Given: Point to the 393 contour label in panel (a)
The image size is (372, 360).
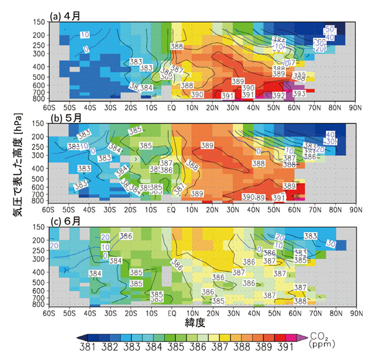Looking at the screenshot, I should (298, 94).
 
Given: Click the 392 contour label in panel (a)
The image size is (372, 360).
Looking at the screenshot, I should (278, 96).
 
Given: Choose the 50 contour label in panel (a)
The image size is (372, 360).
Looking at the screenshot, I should (330, 29).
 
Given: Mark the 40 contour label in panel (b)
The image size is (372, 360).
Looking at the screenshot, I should (330, 134).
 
